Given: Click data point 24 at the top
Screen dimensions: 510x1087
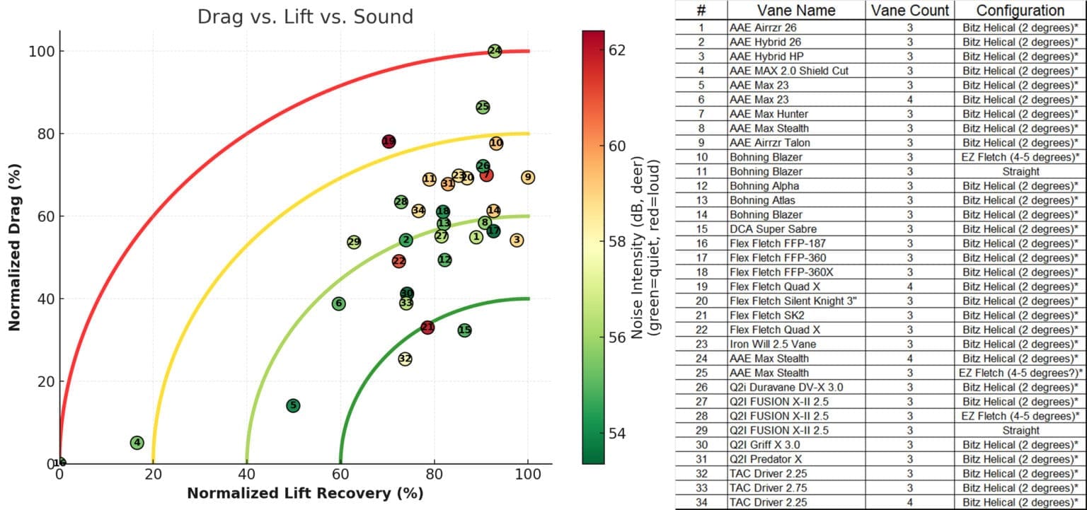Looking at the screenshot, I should click(x=495, y=51).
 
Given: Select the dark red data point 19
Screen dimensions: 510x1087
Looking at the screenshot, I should click(x=389, y=141).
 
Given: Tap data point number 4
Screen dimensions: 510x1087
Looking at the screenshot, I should click(x=137, y=443).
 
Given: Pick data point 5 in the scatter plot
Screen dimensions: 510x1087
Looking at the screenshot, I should click(x=293, y=405).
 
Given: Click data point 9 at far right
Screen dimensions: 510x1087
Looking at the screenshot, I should click(x=527, y=177).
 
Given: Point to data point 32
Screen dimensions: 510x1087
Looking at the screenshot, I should click(x=405, y=359).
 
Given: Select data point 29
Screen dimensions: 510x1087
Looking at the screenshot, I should click(x=354, y=242).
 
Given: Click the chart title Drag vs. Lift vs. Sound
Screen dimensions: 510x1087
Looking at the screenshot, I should click(x=305, y=17).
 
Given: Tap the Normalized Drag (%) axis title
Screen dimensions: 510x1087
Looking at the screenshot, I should click(x=13, y=247).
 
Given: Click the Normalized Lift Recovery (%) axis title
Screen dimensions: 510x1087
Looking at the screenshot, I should click(x=305, y=493).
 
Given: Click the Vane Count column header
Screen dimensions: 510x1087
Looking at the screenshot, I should click(x=909, y=11).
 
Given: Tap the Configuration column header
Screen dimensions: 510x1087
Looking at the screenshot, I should click(x=1020, y=11).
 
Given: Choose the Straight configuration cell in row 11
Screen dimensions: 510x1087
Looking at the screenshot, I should click(x=1020, y=171).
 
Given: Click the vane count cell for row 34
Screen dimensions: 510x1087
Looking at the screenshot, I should click(x=909, y=502).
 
